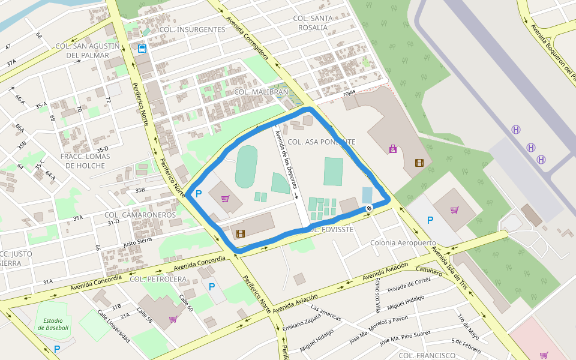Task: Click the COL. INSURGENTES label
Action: pyautogui.click(x=193, y=29)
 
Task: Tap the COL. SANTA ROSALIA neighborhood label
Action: pyautogui.click(x=313, y=23)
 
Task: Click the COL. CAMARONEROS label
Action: pyautogui.click(x=140, y=215)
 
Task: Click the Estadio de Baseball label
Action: pyautogui.click(x=53, y=324)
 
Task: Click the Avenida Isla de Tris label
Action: pyautogui.click(x=449, y=268)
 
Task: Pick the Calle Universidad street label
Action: pyautogui.click(x=113, y=327)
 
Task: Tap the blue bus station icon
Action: pyautogui.click(x=142, y=49)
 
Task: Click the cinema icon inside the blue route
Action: pyautogui.click(x=241, y=233)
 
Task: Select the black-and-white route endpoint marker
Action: pyautogui.click(x=368, y=208)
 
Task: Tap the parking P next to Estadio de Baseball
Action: pyautogui.click(x=57, y=349)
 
